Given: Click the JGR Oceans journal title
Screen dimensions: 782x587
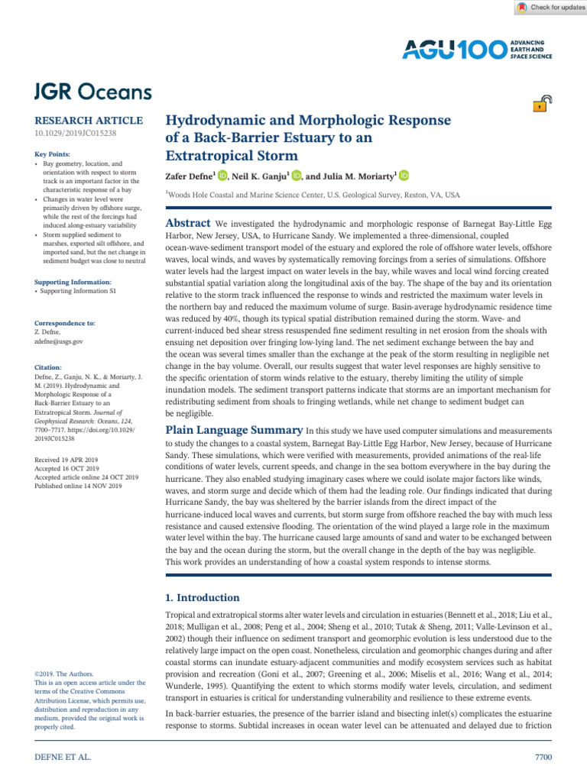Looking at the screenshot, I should click(92, 92).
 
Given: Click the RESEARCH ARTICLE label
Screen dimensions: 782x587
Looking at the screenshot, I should click(89, 121).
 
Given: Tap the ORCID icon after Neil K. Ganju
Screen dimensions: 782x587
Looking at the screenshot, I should click(297, 176).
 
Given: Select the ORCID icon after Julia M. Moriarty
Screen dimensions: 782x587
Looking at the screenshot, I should click(404, 176).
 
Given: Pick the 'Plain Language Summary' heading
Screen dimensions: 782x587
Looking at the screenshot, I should click(234, 430).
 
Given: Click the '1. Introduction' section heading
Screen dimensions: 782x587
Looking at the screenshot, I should click(203, 597).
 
